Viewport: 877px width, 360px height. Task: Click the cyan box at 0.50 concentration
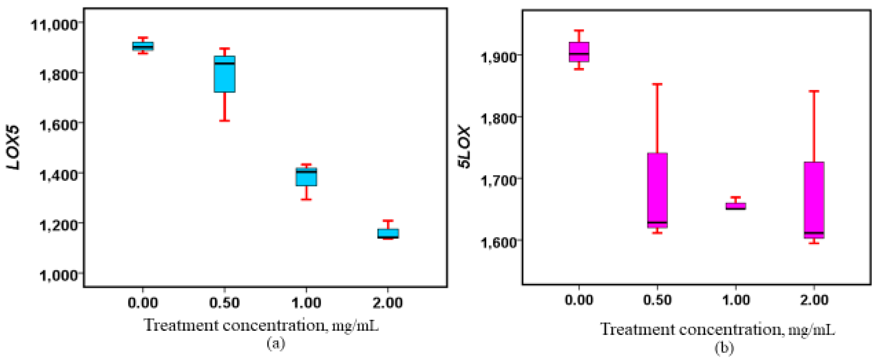(224, 74)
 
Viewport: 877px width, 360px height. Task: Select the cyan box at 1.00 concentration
(306, 177)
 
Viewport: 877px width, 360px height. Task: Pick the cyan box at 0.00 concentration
(143, 46)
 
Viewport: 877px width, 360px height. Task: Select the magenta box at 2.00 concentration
(814, 200)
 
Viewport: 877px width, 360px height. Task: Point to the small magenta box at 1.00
(736, 206)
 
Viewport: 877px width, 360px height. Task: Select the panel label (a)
(276, 343)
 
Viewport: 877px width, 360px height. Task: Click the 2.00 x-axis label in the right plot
(814, 300)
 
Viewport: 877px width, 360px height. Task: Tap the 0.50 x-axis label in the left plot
(224, 302)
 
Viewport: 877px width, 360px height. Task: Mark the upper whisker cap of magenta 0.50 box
(657, 84)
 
